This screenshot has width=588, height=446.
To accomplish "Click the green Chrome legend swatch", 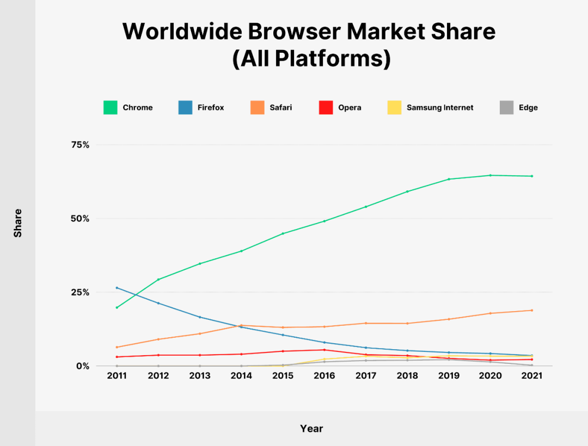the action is coord(110,108).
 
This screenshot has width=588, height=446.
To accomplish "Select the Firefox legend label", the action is coord(211,108).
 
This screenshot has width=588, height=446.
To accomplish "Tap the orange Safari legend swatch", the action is coord(257,108).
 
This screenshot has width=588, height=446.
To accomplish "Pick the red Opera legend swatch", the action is coord(326,108).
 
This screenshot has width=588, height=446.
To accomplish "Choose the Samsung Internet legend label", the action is coord(440,108).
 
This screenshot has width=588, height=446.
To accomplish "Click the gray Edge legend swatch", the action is coord(507,108).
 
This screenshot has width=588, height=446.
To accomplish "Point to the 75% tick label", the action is coord(80,145).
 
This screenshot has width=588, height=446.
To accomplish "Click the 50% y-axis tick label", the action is coord(80,219).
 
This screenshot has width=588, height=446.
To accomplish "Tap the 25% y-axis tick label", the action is coord(80,293).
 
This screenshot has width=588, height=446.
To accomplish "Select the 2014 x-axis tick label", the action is coord(241,376).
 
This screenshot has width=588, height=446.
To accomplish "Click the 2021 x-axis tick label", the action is coord(532,376).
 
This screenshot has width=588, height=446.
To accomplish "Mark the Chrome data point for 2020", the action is coord(490,175).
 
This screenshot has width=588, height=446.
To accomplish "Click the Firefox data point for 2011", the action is coord(117,288).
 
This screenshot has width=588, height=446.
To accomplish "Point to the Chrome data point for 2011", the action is coord(117,307).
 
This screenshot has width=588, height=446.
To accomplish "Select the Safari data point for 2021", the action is coord(532,310).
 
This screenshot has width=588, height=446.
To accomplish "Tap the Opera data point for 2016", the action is coord(324,350).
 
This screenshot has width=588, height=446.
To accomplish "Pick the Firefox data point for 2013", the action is coord(200,317).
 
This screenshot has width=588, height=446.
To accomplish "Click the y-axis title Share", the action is coord(17,223).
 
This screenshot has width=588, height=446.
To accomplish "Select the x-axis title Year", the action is coord(311,429).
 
